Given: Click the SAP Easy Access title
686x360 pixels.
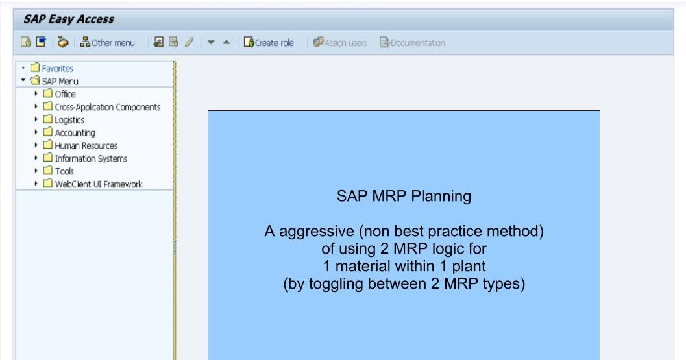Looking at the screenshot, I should (x=69, y=19).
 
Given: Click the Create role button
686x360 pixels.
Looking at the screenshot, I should (x=269, y=43).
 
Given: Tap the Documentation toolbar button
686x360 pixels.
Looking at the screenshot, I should (x=412, y=43).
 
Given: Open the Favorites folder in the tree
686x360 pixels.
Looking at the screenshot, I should (x=57, y=68).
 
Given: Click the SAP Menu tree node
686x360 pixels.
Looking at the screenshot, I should (x=60, y=81).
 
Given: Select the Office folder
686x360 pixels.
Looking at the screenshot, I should (x=65, y=94).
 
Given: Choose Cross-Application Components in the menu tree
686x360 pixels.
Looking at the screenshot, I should (x=107, y=107).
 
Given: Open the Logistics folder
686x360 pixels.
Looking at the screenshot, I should (x=69, y=120).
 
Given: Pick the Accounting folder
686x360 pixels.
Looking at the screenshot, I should (x=75, y=133).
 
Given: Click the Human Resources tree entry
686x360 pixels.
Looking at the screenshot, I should (x=86, y=146).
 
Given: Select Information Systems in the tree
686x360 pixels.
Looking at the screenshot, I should (x=90, y=158).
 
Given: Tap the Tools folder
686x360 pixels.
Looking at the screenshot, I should (x=64, y=171).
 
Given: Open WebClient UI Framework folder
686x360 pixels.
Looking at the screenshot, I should (x=98, y=184).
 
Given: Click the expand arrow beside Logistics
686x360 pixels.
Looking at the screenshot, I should (x=36, y=120).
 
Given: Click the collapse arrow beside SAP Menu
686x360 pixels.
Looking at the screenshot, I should (x=23, y=81).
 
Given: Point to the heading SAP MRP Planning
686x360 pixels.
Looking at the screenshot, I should (x=404, y=196).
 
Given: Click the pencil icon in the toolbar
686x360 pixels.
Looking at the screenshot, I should (x=190, y=43).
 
